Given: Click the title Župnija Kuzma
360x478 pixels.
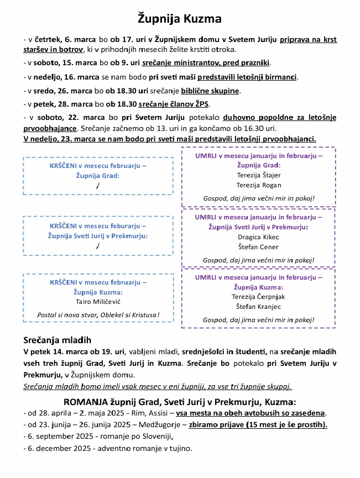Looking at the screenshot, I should (x=180, y=19).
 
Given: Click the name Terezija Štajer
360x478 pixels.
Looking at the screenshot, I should (x=258, y=175).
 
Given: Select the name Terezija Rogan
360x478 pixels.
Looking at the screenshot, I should (x=258, y=185).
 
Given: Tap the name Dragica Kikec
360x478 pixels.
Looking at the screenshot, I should (x=258, y=237).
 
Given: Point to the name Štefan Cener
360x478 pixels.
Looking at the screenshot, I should (x=258, y=247).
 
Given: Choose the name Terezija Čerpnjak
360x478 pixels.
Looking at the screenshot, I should (x=258, y=297).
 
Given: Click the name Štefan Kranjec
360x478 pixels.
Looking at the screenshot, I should (x=258, y=307).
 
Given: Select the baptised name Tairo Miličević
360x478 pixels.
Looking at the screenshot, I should (x=98, y=301).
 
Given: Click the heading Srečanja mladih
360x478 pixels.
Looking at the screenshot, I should (x=57, y=339).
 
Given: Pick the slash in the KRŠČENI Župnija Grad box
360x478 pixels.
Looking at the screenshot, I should (x=97, y=186).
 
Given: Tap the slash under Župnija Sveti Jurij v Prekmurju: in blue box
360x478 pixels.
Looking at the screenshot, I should (x=97, y=246).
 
